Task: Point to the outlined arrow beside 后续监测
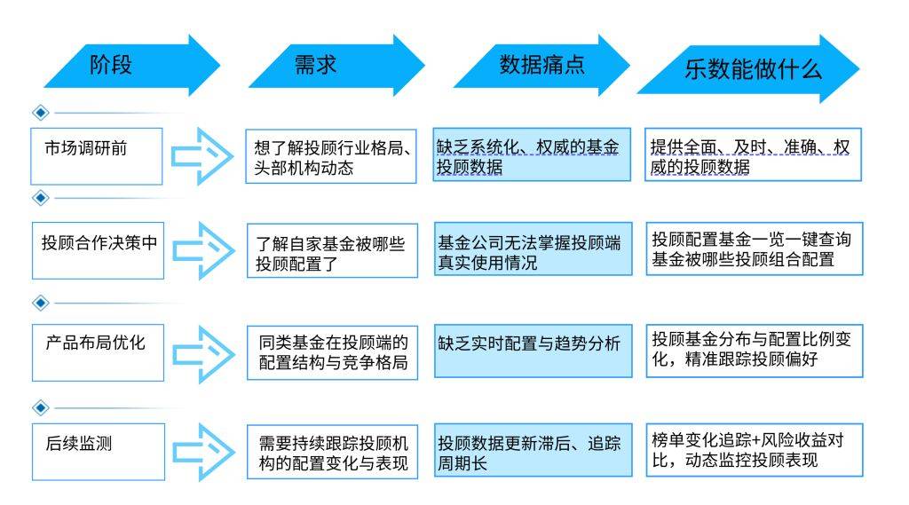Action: (x=202, y=452)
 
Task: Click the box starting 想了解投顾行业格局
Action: (x=331, y=156)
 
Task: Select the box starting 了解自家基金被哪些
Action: (x=331, y=250)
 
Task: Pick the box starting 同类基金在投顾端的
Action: (x=331, y=352)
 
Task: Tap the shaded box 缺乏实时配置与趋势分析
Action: (x=533, y=351)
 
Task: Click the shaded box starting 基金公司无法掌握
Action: (x=533, y=249)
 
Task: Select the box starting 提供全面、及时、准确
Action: (x=753, y=155)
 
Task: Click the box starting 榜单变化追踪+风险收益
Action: (x=753, y=450)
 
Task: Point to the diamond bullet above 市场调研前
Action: (x=39, y=113)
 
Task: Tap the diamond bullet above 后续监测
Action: (x=39, y=407)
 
